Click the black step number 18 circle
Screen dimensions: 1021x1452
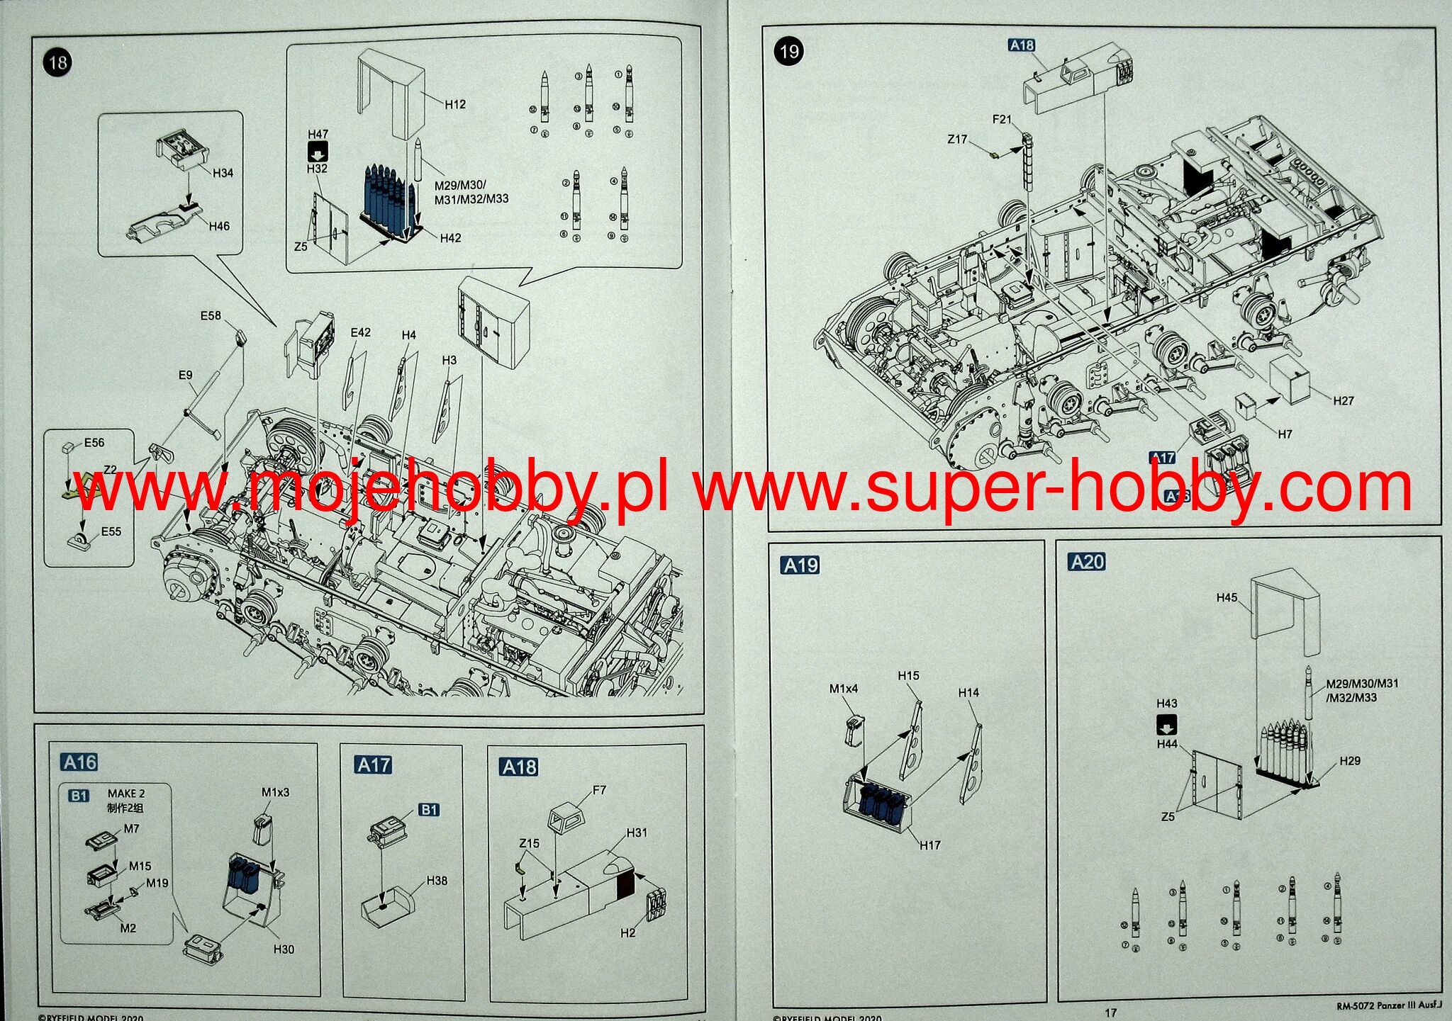pos(57,62)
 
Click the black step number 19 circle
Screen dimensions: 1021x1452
pos(788,51)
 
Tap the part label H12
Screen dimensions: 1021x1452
pos(455,104)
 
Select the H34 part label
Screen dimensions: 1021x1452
pos(223,173)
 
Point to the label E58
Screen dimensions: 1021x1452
pos(211,315)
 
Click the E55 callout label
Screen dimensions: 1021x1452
pos(111,531)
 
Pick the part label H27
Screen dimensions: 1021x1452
pos(1343,400)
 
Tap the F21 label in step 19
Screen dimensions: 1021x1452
pos(1002,120)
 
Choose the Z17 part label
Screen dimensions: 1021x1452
pos(957,139)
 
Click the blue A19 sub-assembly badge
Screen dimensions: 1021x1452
pos(800,565)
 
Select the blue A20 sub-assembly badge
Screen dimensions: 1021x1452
pos(1087,562)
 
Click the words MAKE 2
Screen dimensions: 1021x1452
pos(126,794)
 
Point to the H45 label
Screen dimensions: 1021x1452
pos(1227,597)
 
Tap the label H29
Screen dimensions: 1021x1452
pos(1350,760)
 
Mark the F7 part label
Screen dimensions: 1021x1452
pos(599,789)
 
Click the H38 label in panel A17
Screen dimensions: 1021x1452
pos(437,880)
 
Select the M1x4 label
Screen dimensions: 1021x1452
pos(844,688)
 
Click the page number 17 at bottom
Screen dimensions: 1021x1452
pos(1110,1012)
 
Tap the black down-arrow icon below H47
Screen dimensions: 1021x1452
pos(317,150)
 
